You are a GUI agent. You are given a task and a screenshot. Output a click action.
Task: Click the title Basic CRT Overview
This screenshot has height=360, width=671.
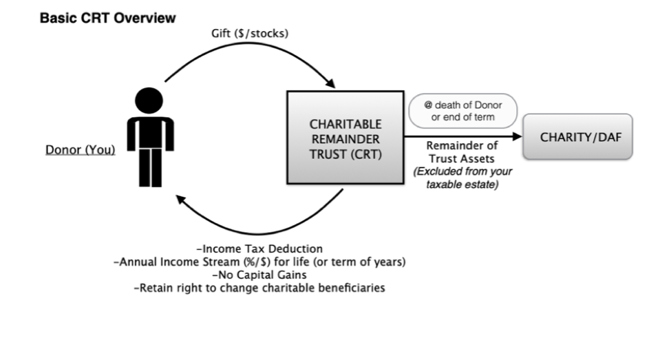click(x=107, y=19)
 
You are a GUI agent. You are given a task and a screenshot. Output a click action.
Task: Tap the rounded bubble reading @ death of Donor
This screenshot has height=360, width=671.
click(x=462, y=111)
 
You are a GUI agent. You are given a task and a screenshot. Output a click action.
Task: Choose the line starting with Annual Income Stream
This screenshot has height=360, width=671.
click(x=259, y=262)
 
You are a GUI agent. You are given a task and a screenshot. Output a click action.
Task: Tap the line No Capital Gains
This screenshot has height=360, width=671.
click(x=259, y=275)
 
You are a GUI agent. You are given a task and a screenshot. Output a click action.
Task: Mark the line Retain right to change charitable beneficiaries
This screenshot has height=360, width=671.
click(x=259, y=288)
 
